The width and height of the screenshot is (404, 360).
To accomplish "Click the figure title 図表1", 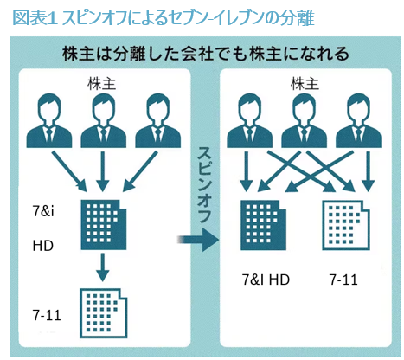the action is (34, 18).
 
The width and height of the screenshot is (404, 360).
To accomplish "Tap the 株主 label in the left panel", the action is (101, 84).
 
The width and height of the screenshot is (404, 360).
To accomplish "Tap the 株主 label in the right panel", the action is (305, 84).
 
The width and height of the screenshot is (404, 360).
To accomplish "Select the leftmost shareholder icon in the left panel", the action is (49, 120).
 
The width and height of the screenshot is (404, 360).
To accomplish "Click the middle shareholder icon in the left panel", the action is (103, 120).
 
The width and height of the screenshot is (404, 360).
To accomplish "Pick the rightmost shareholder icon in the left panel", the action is (157, 120).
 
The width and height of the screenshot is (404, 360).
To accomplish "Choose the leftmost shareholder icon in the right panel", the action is (249, 120).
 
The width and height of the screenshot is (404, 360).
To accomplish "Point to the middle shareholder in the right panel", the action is (304, 120).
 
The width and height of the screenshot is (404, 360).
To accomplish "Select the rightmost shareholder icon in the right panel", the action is (358, 120).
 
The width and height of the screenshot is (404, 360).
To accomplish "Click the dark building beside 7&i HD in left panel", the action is (104, 225).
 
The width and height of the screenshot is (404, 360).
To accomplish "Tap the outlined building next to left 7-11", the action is (104, 313).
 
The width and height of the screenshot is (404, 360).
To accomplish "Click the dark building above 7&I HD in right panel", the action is (263, 225).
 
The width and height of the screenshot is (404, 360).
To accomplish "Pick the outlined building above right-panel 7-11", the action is (346, 225).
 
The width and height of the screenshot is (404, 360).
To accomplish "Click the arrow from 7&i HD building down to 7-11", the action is (103, 267).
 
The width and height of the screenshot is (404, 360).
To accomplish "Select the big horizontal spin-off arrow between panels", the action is (198, 240).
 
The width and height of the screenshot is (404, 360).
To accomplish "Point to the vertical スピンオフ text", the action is (204, 185).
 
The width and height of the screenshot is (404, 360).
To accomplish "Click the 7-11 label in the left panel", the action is (47, 315).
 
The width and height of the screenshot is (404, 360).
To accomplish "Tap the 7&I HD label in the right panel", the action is (266, 280).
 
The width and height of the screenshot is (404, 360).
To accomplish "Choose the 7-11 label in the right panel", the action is (343, 280).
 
